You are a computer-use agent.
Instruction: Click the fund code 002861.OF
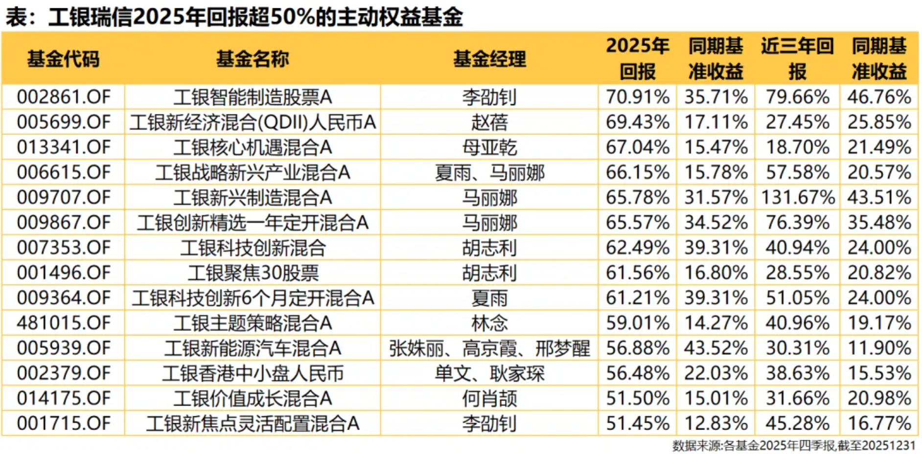tap(64, 97)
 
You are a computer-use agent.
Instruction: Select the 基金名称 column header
tap(253, 59)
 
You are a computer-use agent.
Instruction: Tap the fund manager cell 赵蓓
tap(489, 122)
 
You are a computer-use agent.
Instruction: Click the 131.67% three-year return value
tap(797, 198)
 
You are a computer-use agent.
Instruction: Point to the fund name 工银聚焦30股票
tap(253, 273)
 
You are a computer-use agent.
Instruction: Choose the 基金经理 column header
tap(489, 59)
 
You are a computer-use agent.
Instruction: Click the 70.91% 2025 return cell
tap(637, 97)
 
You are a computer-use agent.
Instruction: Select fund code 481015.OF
tap(64, 323)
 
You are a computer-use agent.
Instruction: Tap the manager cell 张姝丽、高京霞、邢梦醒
tap(489, 348)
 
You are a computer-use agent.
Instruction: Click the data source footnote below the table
tap(793, 446)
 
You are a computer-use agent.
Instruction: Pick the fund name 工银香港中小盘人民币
tap(253, 374)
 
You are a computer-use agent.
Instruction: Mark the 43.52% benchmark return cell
tap(715, 348)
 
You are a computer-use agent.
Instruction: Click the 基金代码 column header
tap(64, 59)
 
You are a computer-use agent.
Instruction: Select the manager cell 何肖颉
tap(489, 399)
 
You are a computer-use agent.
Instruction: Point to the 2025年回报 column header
tap(637, 59)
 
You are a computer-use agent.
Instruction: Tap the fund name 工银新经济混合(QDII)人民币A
tap(253, 122)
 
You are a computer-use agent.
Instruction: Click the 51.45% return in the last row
tap(637, 424)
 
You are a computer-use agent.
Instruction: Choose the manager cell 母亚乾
tap(489, 147)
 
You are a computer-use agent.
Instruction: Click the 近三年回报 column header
tap(797, 59)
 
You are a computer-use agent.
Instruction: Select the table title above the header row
tap(234, 18)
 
